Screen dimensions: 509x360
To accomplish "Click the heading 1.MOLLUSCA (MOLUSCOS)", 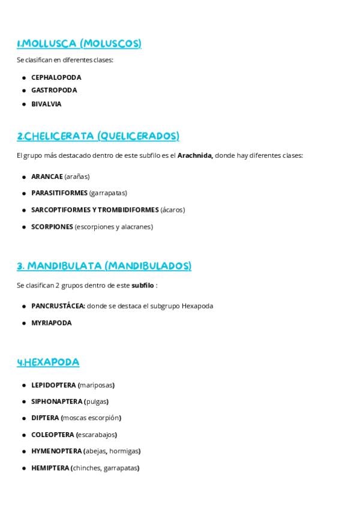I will [79, 43].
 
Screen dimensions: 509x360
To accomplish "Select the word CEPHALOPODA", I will [56, 77].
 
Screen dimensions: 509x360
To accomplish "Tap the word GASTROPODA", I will [54, 90].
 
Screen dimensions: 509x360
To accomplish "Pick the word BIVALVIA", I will [46, 104].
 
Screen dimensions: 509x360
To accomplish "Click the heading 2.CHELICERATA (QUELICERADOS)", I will [98, 136].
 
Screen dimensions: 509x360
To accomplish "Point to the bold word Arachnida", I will [195, 155].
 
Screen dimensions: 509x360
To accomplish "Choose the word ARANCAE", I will [47, 176].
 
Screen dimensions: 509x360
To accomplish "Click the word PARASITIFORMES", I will [59, 193].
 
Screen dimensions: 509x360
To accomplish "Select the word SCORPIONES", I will [52, 227].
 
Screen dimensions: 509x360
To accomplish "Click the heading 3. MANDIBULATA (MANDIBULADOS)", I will [104, 266].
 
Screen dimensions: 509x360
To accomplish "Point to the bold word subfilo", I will [143, 286].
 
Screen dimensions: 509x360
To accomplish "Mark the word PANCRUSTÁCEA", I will [58, 306].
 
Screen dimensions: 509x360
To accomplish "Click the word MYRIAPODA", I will [51, 323].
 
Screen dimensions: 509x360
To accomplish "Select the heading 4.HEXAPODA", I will [48, 362].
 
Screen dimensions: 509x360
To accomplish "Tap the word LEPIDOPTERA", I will [53, 385].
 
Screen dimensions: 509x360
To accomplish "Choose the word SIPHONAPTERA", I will [56, 402].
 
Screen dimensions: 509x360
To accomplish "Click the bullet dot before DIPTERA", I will [24, 418].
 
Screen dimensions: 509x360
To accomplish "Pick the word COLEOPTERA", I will [52, 435].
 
